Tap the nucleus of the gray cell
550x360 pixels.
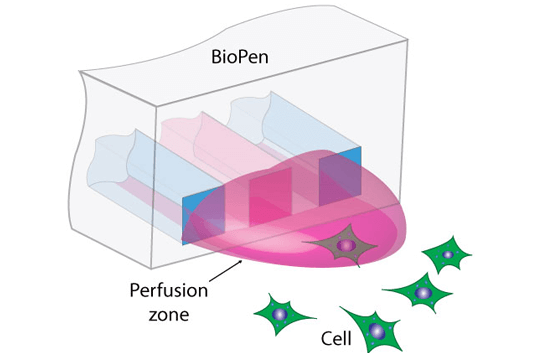(x=345, y=245)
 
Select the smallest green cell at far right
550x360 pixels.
(x=448, y=255)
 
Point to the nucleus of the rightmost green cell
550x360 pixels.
(x=448, y=255)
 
